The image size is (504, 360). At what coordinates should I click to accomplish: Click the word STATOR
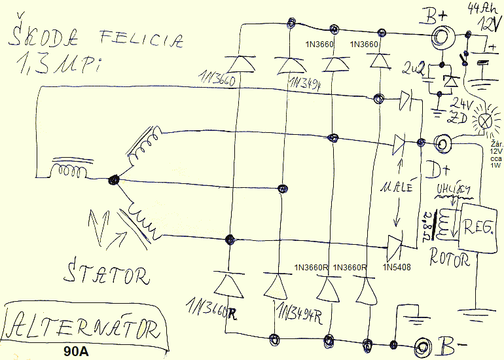point(108,274)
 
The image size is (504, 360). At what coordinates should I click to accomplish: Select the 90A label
point(77,351)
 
